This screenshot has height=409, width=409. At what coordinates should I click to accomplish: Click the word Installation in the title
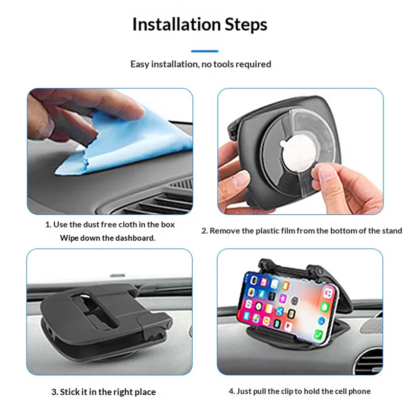point(177,24)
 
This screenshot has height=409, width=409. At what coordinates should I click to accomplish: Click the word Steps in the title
point(246,25)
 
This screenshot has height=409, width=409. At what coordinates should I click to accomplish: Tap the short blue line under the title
point(204,51)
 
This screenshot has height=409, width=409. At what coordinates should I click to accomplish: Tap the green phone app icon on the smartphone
point(318,334)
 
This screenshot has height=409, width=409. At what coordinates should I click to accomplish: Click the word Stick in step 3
point(70,392)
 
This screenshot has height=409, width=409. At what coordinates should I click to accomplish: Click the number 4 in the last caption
point(231,391)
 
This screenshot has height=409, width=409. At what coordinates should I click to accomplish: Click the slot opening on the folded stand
point(94,310)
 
